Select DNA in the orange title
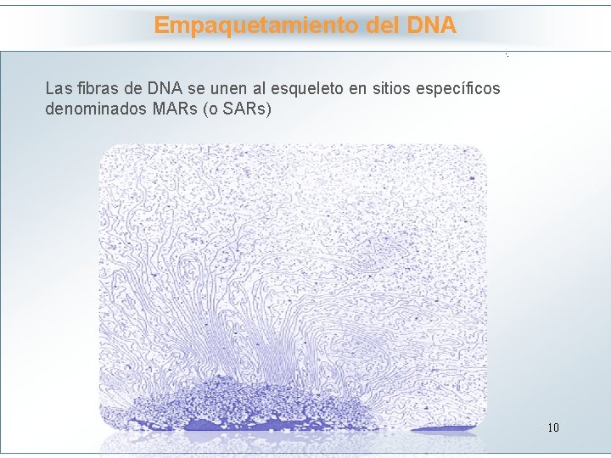point(431,25)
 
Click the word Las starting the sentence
point(59,88)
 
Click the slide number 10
point(553,427)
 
